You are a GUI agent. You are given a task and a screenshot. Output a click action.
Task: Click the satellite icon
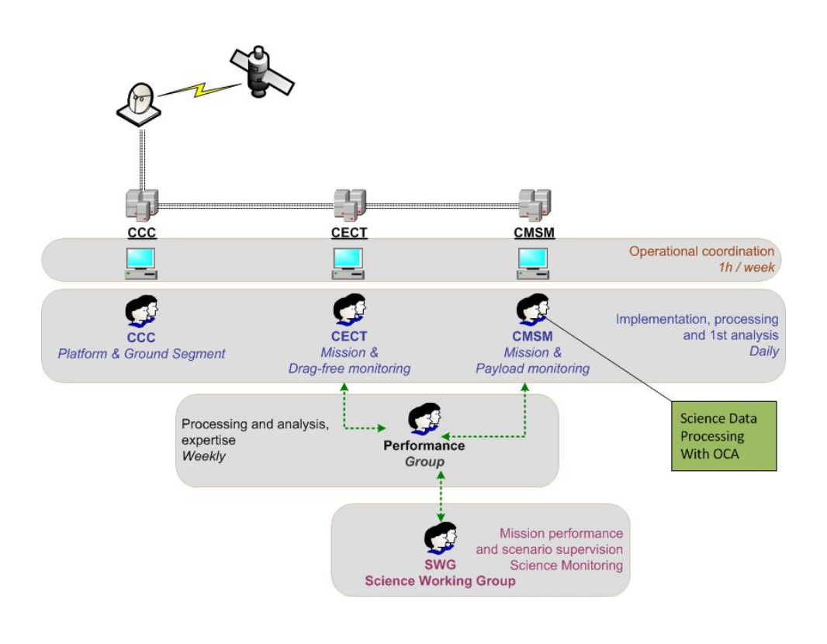(261, 70)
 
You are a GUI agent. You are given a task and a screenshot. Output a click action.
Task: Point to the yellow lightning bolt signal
(197, 88)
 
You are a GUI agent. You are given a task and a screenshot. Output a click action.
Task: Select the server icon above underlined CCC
(142, 203)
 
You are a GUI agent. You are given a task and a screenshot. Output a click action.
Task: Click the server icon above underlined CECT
(350, 203)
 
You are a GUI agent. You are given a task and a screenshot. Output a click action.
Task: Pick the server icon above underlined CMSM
(535, 203)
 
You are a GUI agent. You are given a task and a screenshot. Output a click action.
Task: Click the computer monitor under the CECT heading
(348, 263)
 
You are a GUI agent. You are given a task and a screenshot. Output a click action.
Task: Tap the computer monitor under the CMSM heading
(533, 263)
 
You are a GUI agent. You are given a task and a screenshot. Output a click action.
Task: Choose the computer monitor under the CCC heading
(141, 263)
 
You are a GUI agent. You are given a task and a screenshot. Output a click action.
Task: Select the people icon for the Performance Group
(424, 419)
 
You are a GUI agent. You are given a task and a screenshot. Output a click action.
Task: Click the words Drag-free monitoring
(349, 369)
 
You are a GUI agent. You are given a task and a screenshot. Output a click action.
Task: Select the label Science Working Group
(440, 580)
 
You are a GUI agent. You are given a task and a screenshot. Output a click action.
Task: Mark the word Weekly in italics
(203, 456)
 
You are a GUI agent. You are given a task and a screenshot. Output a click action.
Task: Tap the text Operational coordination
(701, 251)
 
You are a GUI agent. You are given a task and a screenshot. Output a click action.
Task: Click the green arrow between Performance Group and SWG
(441, 496)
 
